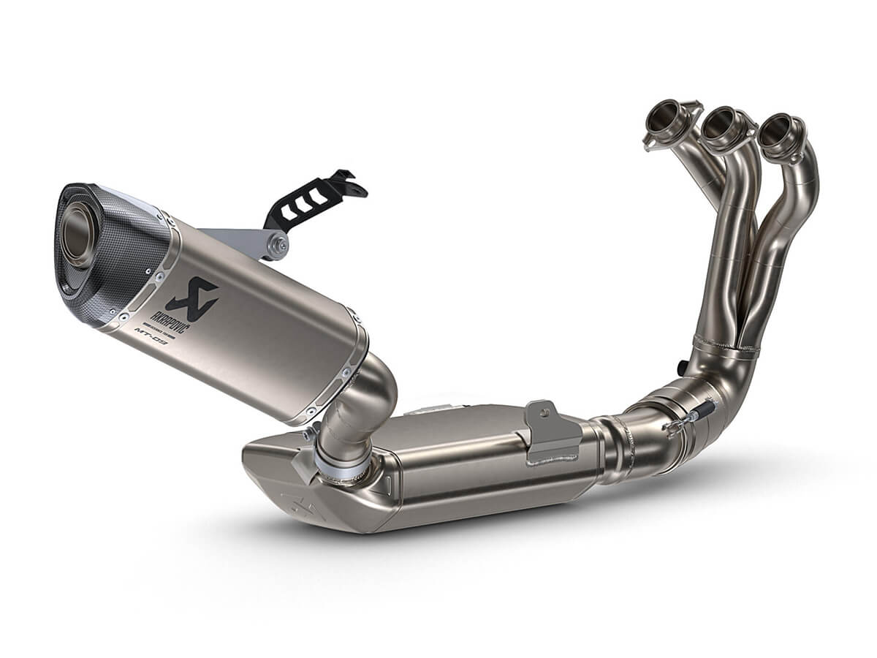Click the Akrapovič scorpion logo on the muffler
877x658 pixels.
click(192, 296)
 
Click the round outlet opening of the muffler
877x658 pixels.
click(79, 232)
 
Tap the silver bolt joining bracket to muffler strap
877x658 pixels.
click(276, 246)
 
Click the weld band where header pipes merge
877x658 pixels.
click(724, 347)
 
